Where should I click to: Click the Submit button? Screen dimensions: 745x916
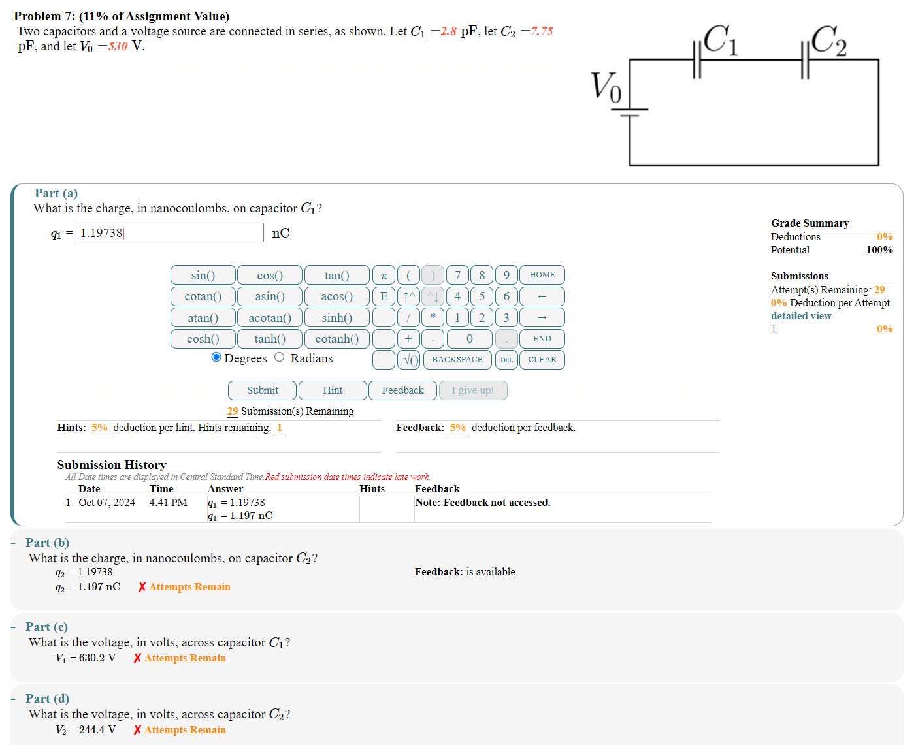tap(262, 390)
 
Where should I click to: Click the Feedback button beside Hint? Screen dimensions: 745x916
tap(402, 390)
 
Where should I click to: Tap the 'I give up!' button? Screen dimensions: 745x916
tap(472, 390)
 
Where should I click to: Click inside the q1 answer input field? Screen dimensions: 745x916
tap(170, 233)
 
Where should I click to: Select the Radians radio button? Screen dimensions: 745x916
tap(280, 357)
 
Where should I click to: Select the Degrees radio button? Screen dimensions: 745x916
tap(216, 357)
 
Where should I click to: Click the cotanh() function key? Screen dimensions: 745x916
tap(336, 339)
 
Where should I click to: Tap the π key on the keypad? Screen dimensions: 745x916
tap(384, 275)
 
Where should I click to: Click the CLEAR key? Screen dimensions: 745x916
tap(542, 360)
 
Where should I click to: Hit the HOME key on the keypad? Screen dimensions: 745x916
tap(542, 275)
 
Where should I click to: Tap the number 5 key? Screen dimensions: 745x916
tap(482, 296)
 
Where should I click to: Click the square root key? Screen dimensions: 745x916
tap(409, 360)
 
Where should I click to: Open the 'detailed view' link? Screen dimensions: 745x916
tap(800, 316)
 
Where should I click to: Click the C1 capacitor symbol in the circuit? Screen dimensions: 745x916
tap(696, 60)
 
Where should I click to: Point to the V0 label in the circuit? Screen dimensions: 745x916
tap(606, 87)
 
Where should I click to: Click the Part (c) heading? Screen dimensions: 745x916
tap(46, 627)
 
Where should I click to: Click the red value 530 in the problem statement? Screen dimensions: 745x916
tap(118, 46)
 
